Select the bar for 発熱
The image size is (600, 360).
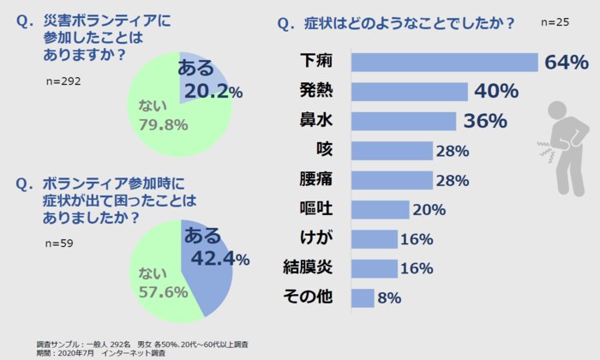[410, 92]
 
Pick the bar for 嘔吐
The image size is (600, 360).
[381, 209]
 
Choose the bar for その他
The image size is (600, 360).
[363, 297]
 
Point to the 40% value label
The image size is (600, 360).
[495, 92]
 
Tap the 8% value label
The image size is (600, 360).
[390, 298]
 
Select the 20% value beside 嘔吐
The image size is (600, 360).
[428, 210]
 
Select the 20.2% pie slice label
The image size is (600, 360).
[213, 92]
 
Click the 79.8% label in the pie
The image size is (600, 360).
[163, 125]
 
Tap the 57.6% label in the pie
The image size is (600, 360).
[163, 291]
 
